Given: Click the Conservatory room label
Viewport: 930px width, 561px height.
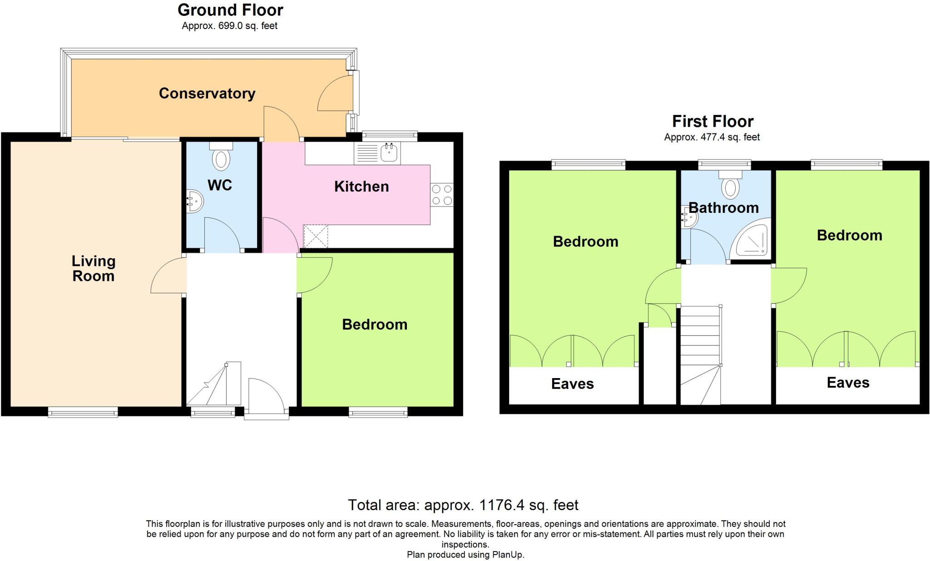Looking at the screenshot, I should pyautogui.click(x=207, y=93).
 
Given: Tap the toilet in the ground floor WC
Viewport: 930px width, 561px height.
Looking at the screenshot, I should pyautogui.click(x=221, y=157).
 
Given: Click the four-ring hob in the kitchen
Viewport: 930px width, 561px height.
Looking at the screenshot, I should pyautogui.click(x=442, y=195).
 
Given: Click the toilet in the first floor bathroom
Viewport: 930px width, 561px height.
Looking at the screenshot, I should pyautogui.click(x=730, y=186).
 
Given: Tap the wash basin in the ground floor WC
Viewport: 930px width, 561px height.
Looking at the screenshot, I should pyautogui.click(x=195, y=201).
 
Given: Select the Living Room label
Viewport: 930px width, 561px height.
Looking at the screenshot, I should pyautogui.click(x=94, y=268).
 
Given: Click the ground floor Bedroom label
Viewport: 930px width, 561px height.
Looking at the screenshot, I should pyautogui.click(x=375, y=325).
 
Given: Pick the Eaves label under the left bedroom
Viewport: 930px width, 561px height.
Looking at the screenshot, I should pyautogui.click(x=572, y=384).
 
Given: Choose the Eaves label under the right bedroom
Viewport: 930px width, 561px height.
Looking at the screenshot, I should pyautogui.click(x=848, y=383).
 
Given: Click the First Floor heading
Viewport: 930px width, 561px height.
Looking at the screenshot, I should pyautogui.click(x=712, y=122).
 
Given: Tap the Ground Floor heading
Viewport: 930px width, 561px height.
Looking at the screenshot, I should pyautogui.click(x=230, y=10).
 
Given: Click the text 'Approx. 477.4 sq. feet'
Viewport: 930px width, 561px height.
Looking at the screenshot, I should pyautogui.click(x=712, y=137).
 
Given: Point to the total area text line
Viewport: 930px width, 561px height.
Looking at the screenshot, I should pyautogui.click(x=463, y=505).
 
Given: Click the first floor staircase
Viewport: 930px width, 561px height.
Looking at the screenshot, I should pyautogui.click(x=700, y=354).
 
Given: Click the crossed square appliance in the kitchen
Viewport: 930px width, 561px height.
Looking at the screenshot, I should pyautogui.click(x=316, y=236).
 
